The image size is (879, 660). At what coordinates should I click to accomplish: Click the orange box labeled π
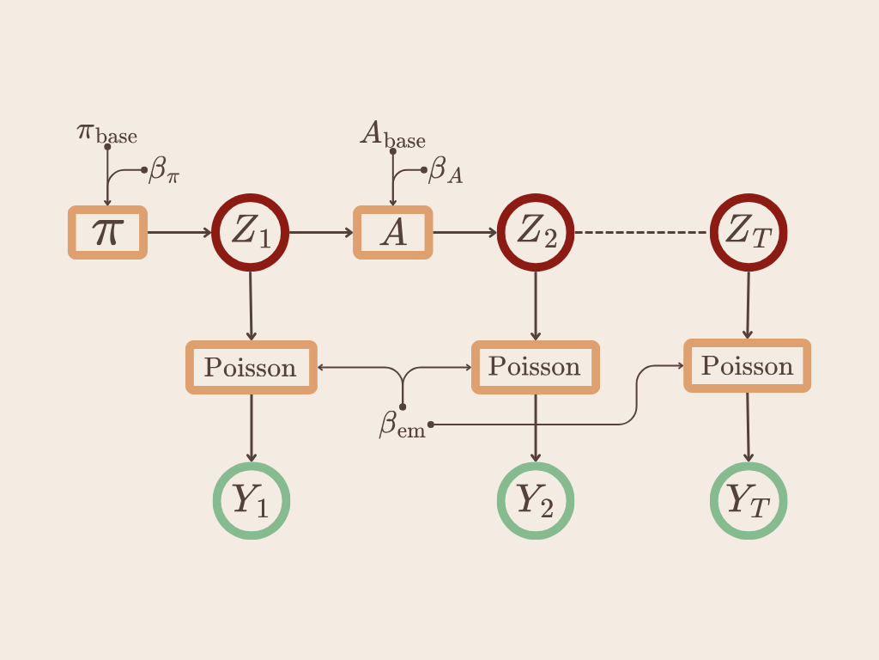(x=107, y=232)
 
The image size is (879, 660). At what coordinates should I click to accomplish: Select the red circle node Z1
(x=251, y=232)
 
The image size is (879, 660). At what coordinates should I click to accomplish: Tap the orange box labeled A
(x=393, y=232)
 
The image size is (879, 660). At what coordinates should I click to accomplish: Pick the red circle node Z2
(x=536, y=232)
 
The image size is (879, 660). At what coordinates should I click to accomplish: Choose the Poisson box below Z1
(x=251, y=368)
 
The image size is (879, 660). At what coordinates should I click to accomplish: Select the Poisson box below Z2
(x=536, y=367)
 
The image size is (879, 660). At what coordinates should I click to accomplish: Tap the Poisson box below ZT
(x=748, y=366)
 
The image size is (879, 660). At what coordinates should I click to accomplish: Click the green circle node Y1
(x=251, y=500)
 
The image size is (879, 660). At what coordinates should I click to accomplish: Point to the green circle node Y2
(x=536, y=500)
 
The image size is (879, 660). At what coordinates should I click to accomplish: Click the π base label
(x=107, y=134)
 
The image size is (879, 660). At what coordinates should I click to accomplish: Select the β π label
(x=164, y=170)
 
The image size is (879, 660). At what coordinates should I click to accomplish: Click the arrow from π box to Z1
(x=179, y=232)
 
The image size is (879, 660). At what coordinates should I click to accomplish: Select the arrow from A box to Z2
(x=464, y=232)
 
